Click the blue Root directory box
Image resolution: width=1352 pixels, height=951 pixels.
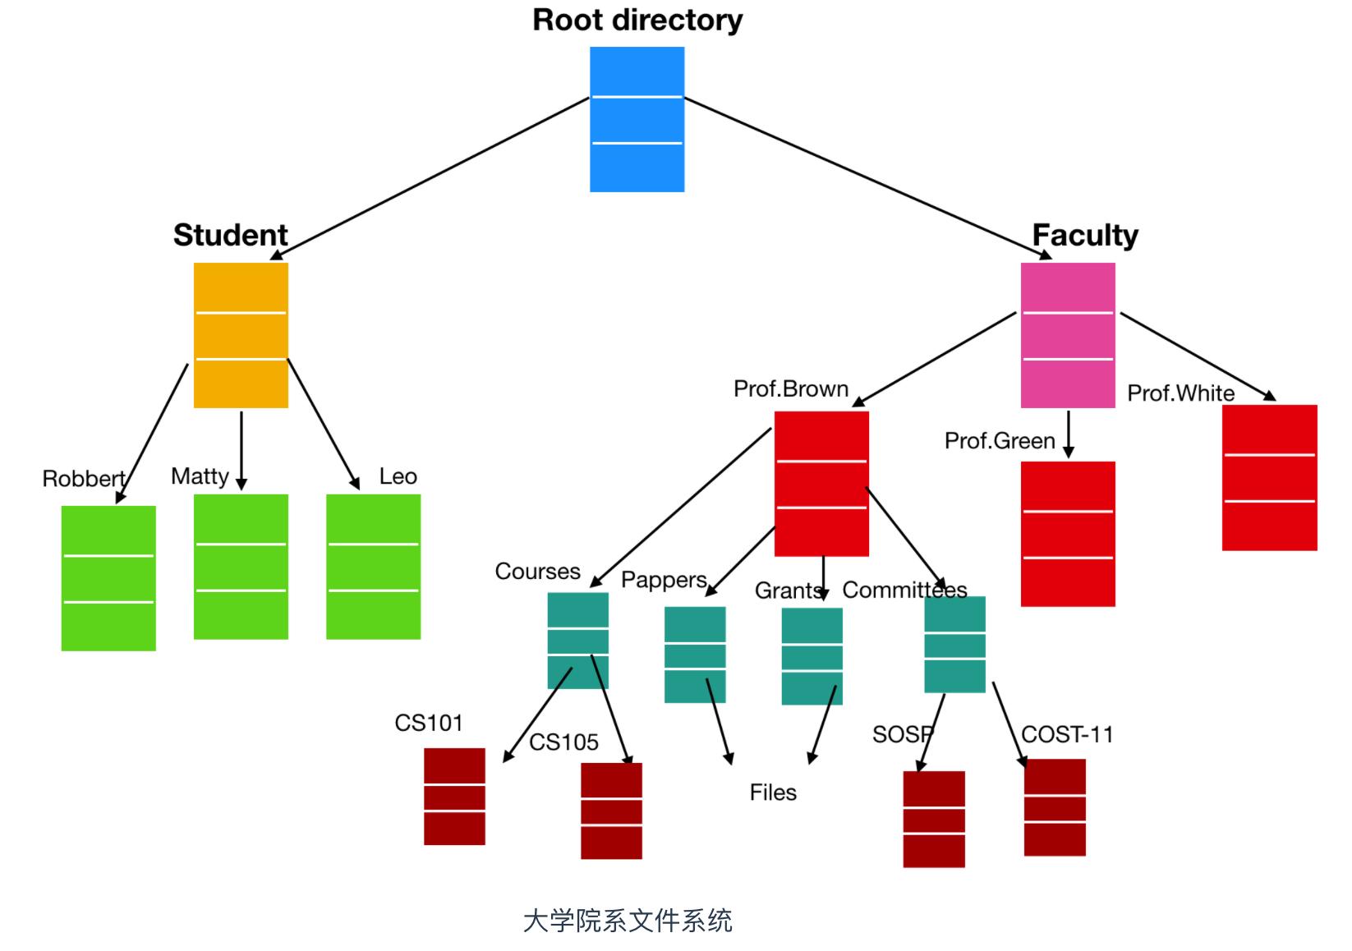637,119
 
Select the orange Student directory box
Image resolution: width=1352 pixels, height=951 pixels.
241,335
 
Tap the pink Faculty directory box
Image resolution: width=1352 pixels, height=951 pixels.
1068,335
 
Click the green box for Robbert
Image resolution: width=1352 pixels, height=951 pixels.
108,578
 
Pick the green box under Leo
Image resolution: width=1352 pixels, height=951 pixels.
373,567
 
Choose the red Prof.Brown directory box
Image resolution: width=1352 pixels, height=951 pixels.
821,484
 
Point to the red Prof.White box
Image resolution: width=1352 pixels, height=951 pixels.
1269,477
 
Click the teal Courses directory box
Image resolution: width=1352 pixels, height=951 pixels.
577,641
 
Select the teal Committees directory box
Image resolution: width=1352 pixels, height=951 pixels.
954,645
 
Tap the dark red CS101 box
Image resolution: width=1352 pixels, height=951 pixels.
454,797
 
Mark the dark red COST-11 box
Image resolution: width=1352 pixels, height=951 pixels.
1055,807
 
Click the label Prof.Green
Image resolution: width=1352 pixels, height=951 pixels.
999,441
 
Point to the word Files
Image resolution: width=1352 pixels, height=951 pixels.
773,792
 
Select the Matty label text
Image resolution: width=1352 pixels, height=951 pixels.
200,476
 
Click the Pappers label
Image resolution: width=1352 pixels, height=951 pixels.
664,580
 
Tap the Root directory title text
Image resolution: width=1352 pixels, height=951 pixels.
637,20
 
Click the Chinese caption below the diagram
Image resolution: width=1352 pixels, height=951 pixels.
628,921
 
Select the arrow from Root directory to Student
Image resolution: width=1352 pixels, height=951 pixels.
431,178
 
